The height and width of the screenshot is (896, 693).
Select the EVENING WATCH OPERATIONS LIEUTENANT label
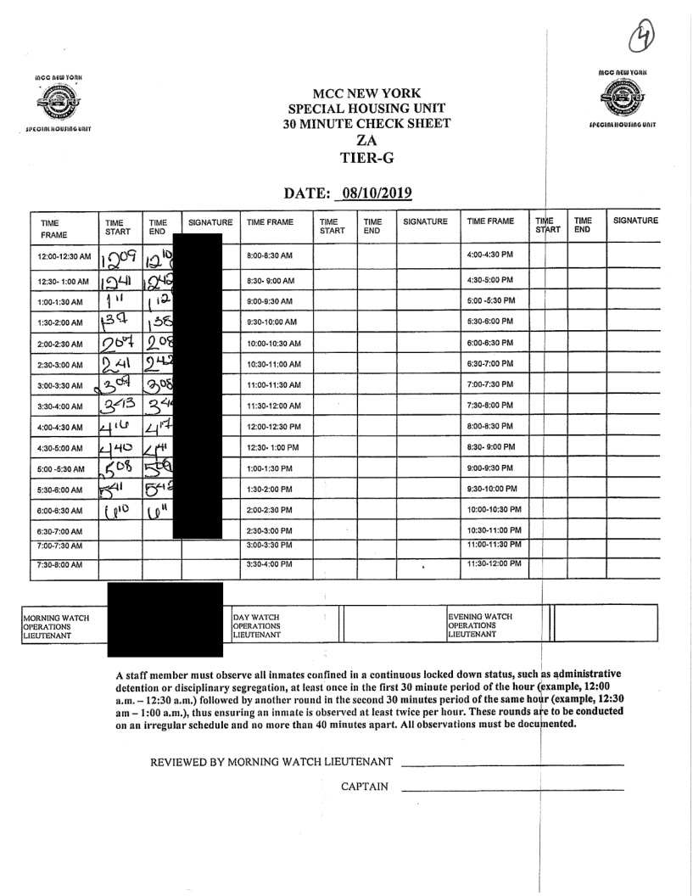483,624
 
